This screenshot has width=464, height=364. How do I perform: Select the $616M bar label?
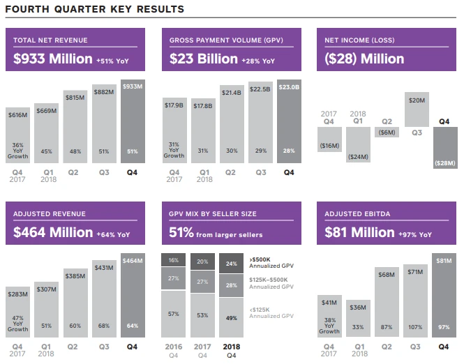pos(19,114)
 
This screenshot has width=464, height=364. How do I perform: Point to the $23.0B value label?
pos(289,87)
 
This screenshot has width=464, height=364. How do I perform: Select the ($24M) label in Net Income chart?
pos(358,156)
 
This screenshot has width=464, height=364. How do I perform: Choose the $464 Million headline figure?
pos(53,232)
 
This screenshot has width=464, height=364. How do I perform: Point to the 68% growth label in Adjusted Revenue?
pos(104,326)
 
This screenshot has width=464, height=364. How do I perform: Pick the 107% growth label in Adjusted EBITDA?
pos(417,326)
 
